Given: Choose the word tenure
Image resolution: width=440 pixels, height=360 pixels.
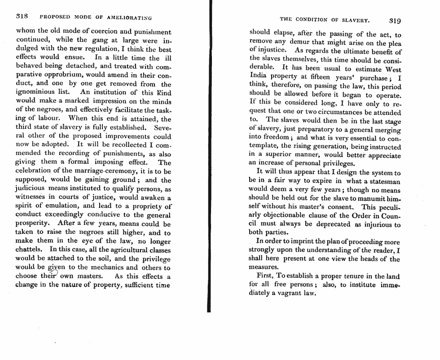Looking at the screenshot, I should tap(356, 277).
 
